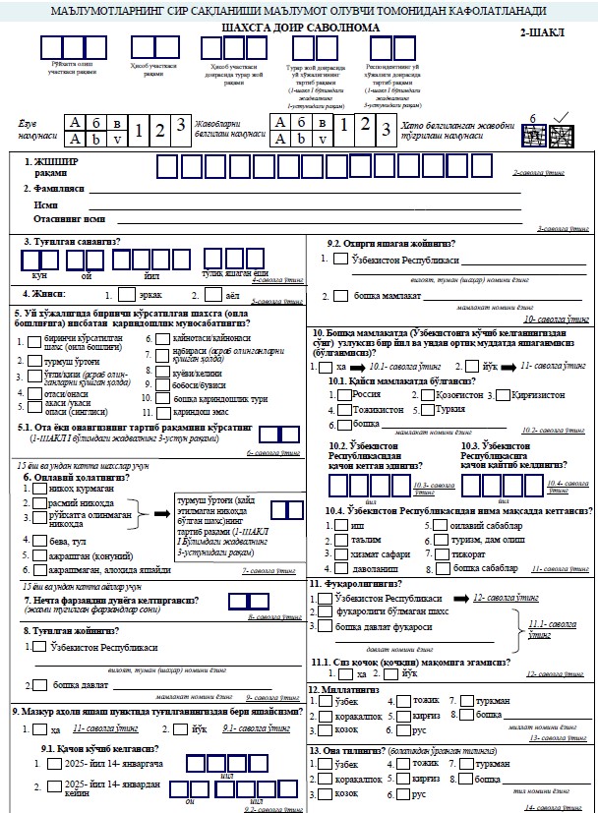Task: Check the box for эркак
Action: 126,293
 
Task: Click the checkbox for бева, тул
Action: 28,541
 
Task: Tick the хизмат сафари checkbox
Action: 328,554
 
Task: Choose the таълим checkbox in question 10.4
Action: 328,540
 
